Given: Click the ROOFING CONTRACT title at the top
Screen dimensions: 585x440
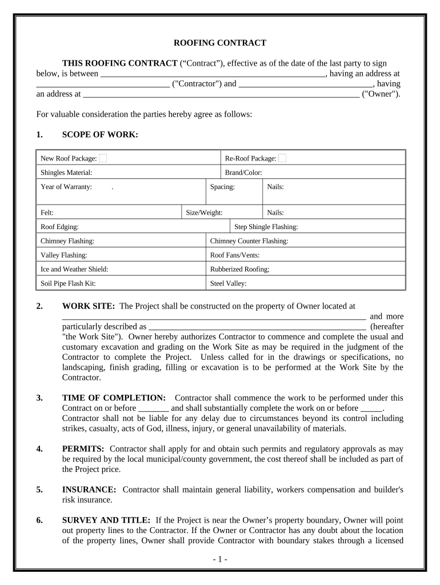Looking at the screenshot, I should pyautogui.click(x=220, y=43).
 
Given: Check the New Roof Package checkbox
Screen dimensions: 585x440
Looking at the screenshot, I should pyautogui.click(x=103, y=158).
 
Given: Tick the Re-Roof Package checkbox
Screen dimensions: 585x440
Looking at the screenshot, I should pyautogui.click(x=282, y=158).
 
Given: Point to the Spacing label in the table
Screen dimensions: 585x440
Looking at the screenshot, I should pyautogui.click(x=222, y=186).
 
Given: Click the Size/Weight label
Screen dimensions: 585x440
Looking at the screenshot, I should pyautogui.click(x=204, y=213).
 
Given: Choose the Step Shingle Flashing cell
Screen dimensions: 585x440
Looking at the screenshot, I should pyautogui.click(x=266, y=227).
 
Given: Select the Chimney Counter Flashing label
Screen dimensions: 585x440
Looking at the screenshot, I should pyautogui.click(x=249, y=241).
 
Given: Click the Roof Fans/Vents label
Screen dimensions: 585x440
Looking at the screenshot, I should pyautogui.click(x=235, y=255).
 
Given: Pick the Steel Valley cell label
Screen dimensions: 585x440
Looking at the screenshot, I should pyautogui.click(x=228, y=283).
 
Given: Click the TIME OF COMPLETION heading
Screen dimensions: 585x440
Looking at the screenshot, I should pyautogui.click(x=114, y=398).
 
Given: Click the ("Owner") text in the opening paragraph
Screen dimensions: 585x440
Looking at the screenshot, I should pyautogui.click(x=381, y=94).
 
